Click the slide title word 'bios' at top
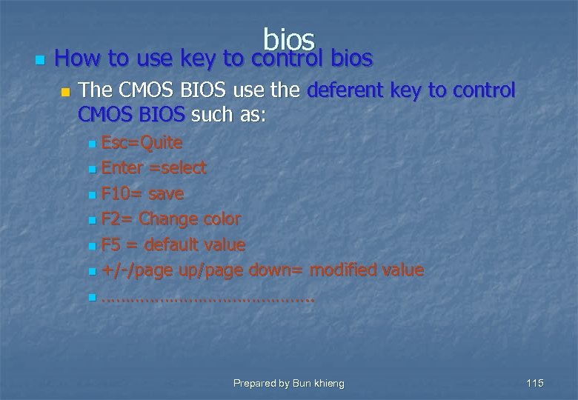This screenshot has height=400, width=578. click(289, 39)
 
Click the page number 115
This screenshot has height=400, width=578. click(534, 383)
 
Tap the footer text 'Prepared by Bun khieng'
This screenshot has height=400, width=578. click(288, 383)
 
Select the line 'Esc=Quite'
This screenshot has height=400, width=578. click(142, 142)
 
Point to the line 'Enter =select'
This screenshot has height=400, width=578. click(153, 168)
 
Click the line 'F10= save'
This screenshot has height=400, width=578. click(142, 194)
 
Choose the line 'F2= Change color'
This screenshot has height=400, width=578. click(170, 219)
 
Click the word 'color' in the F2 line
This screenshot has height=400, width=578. click(219, 219)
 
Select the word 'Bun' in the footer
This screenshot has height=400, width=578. click(301, 383)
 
